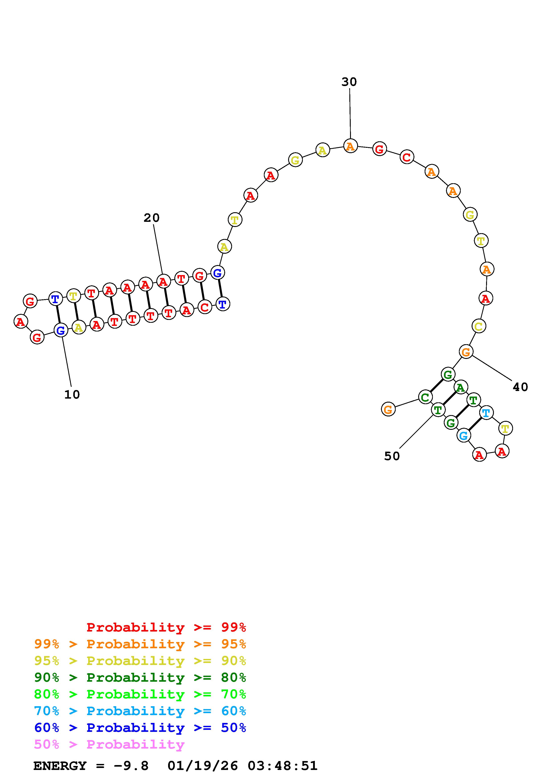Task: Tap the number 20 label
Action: coord(151,218)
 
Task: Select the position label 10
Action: coord(72,395)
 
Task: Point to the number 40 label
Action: coord(520,387)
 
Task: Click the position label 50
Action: coord(392,456)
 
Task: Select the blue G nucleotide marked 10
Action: coord(61,330)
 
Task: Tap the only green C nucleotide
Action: coord(425,397)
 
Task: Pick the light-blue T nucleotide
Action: coord(486,413)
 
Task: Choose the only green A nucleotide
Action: coord(460,387)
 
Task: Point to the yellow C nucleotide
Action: coord(479,326)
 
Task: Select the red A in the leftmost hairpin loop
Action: coord(21,321)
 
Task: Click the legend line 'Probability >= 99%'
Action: coord(166,627)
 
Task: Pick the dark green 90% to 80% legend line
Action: coord(140,677)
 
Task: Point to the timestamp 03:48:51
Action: coord(282,766)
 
